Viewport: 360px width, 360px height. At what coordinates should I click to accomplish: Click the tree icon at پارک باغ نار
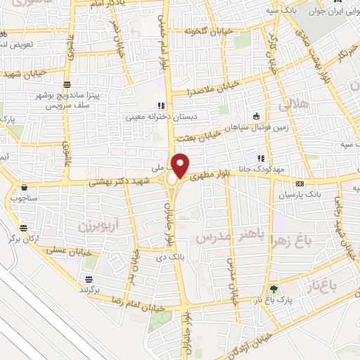pyautogui.click(x=274, y=289)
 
